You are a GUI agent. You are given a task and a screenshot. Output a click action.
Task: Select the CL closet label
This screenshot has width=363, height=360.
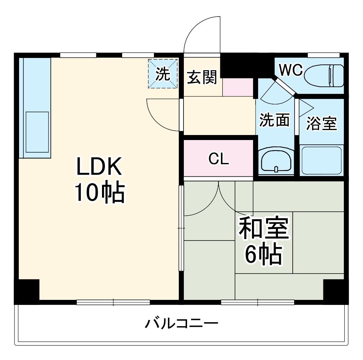(x=219, y=158)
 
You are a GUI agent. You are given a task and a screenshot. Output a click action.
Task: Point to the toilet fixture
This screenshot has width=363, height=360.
(x=324, y=76)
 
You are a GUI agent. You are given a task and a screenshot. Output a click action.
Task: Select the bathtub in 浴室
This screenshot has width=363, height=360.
(x=321, y=160)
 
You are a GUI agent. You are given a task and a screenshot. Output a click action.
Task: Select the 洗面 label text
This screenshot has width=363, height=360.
(x=275, y=120)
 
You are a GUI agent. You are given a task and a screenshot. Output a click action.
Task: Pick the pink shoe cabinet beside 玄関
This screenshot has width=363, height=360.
(x=238, y=87)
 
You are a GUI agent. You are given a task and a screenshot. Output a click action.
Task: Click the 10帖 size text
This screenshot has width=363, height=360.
(x=99, y=193)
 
